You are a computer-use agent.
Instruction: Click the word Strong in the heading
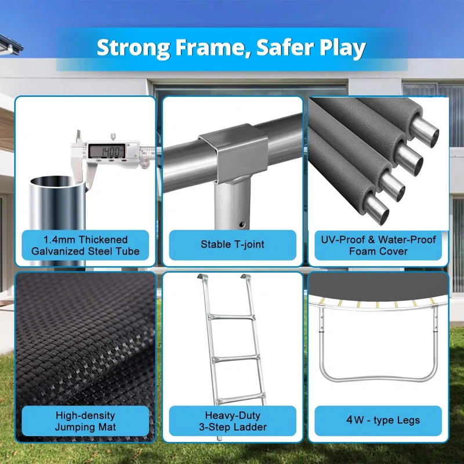coord(133,48)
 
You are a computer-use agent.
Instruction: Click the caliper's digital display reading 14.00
coord(107,151)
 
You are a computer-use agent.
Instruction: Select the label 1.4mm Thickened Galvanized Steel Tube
coord(85,245)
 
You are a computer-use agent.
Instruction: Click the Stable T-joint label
coord(233,244)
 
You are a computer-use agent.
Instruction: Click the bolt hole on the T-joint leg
coord(242,224)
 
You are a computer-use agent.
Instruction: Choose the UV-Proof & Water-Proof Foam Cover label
coord(378,245)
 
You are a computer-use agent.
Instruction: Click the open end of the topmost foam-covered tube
coord(426,133)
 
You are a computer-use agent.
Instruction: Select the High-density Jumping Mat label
coord(85,421)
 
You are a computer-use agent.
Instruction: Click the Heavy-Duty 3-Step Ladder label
coord(233,421)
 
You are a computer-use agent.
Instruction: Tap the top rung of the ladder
coord(231,317)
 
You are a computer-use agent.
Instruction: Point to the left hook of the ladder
coord(202,277)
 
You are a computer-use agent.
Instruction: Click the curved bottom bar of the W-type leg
coord(379,379)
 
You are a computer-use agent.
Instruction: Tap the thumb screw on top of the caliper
coord(113,137)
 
